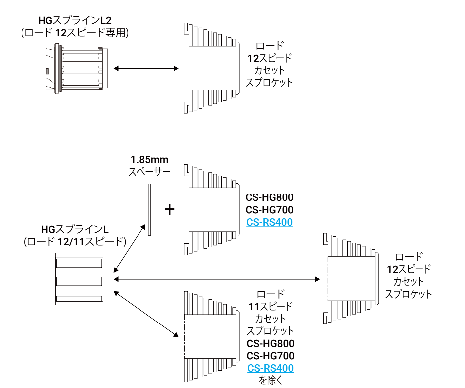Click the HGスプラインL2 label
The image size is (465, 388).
pos(75,20)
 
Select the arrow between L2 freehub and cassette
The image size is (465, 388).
pos(146,69)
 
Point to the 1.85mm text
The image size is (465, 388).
pos(149,160)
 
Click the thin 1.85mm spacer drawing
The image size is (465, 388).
pos(149,209)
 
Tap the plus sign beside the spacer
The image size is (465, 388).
pos(170,209)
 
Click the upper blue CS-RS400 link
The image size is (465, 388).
pos(269,222)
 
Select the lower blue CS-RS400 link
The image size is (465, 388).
pos(270,368)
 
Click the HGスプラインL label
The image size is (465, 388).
pos(75,229)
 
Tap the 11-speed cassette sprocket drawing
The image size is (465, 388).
pos(212,336)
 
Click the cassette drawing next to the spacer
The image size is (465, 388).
pos(212,209)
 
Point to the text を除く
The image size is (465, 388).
pos(270,380)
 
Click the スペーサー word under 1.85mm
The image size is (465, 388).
pos(149,172)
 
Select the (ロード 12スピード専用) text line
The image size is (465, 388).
pos(75,33)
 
